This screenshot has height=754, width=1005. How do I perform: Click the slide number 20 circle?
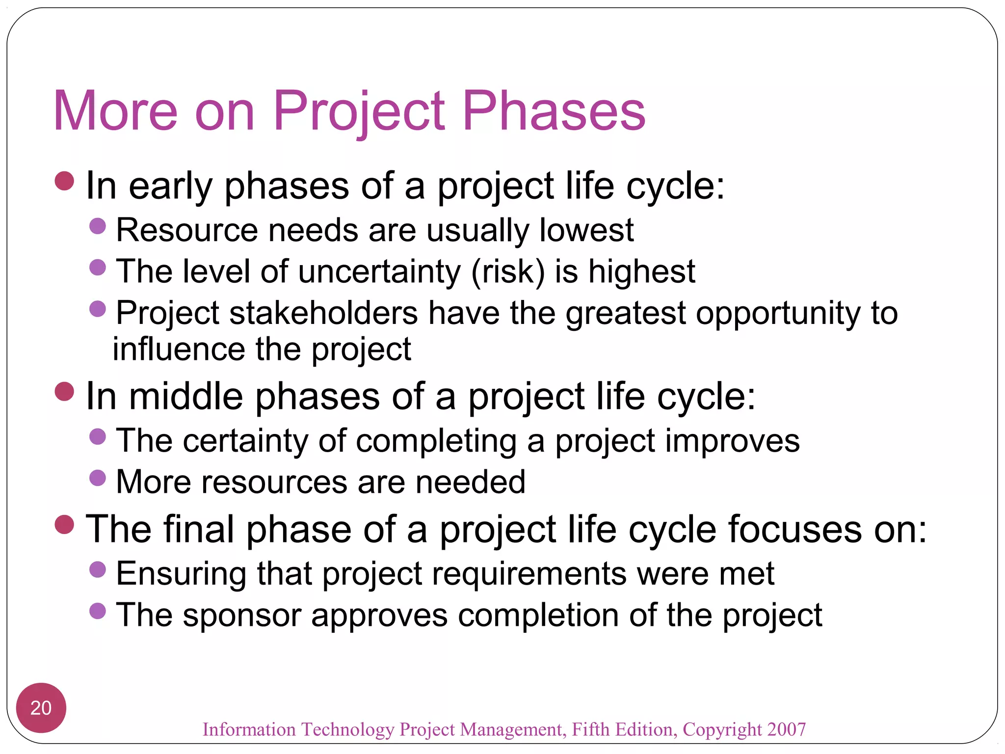pos(41,707)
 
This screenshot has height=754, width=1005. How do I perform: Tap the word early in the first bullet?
pos(170,187)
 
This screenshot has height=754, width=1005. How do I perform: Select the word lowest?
pos(586,230)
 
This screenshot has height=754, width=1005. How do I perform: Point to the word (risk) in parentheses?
pos(508,272)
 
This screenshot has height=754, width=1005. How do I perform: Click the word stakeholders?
pos(323,313)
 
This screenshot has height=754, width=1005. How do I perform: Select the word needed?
pos(471,482)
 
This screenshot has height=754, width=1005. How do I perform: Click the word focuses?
pos(794,530)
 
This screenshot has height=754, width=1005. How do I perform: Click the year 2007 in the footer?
pos(787,729)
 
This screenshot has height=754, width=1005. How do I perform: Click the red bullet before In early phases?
pos(64,181)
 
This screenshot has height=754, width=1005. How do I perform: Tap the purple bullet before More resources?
pos(98,478)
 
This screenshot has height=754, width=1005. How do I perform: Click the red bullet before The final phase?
pos(64,524)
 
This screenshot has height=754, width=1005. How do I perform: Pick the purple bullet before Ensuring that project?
pos(98,569)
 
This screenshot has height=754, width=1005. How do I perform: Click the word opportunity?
pos(778,313)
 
